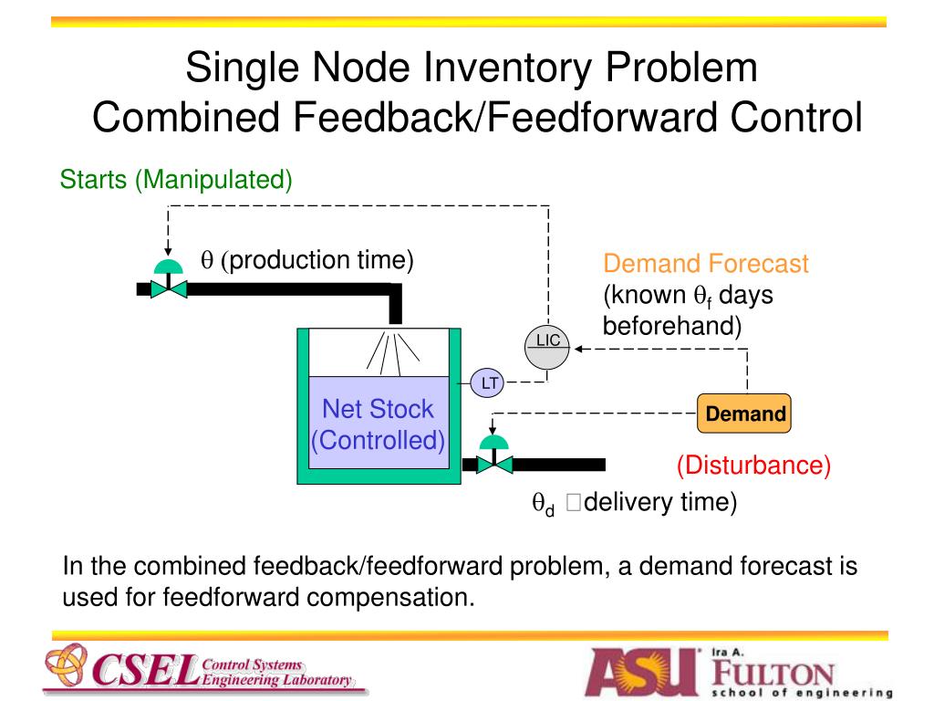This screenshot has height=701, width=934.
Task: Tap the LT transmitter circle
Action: click(490, 383)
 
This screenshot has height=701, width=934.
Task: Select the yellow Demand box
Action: click(744, 414)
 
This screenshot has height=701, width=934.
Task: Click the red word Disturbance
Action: click(753, 466)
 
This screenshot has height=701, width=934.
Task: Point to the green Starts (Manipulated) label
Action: click(176, 180)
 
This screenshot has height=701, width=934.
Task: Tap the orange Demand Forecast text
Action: click(705, 265)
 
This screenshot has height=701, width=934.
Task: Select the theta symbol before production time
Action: click(206, 261)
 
